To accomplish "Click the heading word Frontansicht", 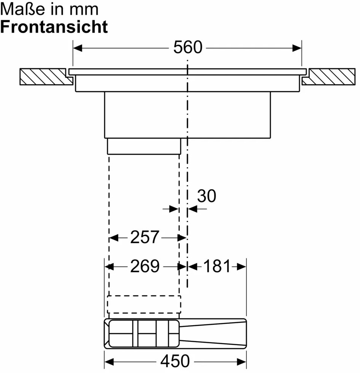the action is click(54, 27).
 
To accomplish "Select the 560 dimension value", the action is click(187, 48).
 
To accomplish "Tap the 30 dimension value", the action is click(207, 196).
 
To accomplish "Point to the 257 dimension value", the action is click(144, 237).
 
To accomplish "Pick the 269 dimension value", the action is click(144, 267).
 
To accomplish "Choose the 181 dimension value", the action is click(217, 267).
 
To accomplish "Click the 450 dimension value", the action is click(175, 361).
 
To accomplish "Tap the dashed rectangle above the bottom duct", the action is click(144, 303).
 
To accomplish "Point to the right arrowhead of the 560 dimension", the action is click(297, 48).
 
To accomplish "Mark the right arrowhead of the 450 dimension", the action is click(242, 361).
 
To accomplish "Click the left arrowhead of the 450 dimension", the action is click(109, 361).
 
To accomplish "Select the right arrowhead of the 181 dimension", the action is click(242, 267).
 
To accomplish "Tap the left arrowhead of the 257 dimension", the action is click(113, 238).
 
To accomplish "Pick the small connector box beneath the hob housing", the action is click(144, 146).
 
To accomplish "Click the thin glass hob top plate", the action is click(187, 71).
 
